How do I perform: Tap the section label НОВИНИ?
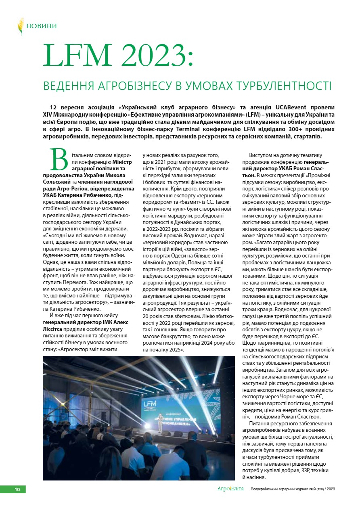tap(41, 26)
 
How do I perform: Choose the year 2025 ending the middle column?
tap(176, 350)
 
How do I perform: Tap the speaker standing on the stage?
tap(161, 422)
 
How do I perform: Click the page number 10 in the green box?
tap(17, 490)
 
